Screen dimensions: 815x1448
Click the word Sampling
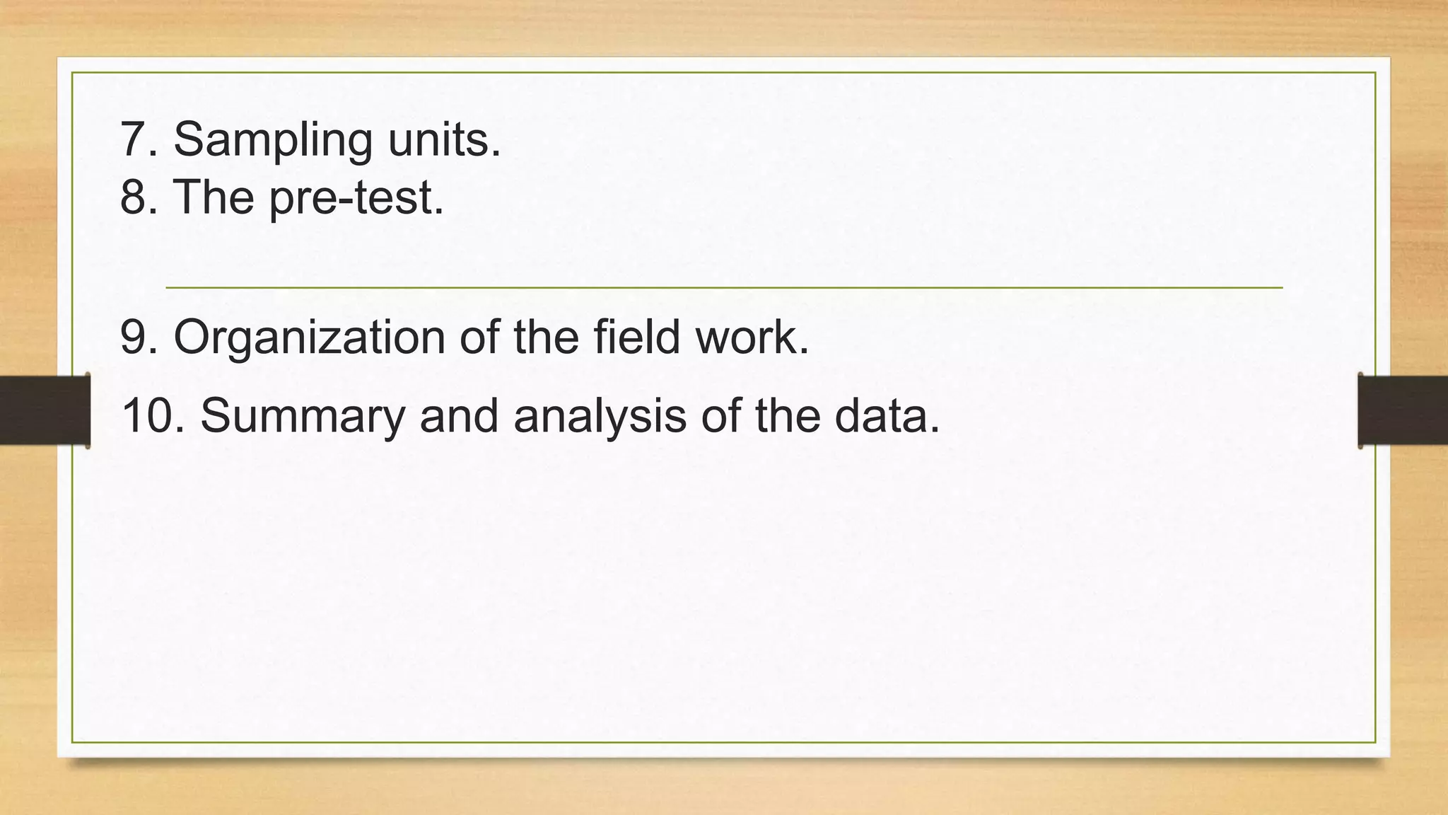tap(273, 140)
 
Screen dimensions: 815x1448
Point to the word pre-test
tap(356, 197)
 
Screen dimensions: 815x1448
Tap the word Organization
tap(309, 338)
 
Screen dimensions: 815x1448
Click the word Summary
tap(303, 417)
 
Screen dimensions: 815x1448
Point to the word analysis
tap(600, 417)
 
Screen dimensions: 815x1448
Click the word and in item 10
tap(460, 415)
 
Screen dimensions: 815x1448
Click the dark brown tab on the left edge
tap(45, 410)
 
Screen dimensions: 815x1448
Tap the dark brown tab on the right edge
tap(1403, 410)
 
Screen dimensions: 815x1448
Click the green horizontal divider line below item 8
tap(724, 288)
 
